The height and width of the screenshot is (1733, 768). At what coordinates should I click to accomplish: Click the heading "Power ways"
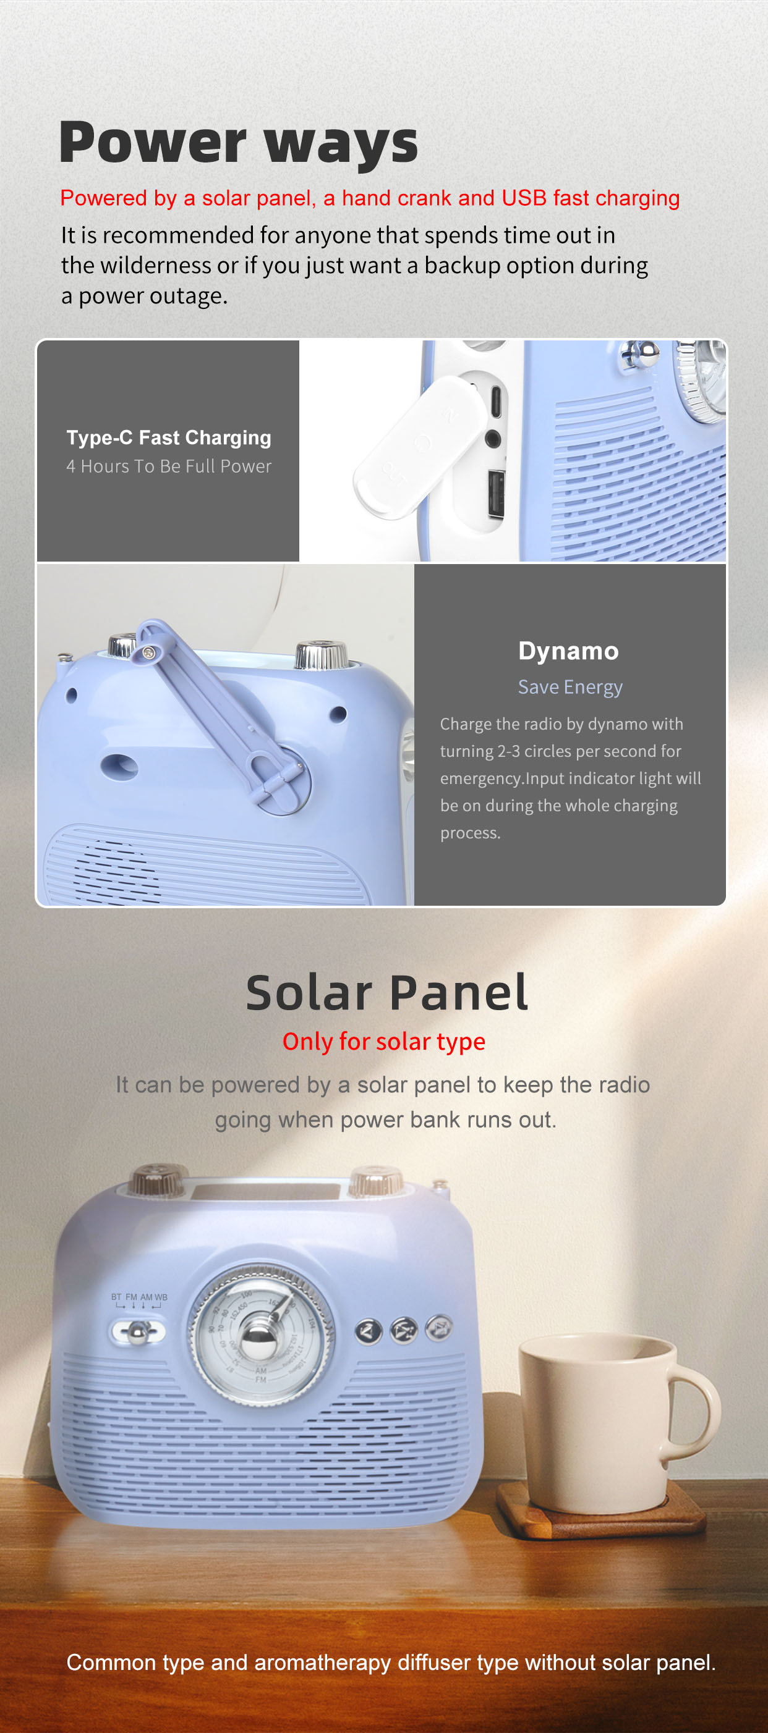pyautogui.click(x=238, y=143)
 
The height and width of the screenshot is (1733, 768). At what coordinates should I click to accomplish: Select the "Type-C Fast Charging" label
pyautogui.click(x=169, y=438)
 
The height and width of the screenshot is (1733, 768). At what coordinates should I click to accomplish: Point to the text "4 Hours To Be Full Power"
pyautogui.click(x=169, y=466)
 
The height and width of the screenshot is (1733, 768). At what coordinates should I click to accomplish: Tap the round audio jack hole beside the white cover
pyautogui.click(x=493, y=439)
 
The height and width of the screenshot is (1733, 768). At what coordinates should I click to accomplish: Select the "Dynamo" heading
pyautogui.click(x=569, y=651)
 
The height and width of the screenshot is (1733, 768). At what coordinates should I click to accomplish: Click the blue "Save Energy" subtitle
pyautogui.click(x=570, y=687)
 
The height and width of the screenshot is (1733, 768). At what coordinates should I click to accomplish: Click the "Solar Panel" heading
pyautogui.click(x=386, y=993)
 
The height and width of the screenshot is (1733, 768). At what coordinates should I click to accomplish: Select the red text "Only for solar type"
pyautogui.click(x=383, y=1042)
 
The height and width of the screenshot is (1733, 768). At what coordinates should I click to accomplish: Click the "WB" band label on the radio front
pyautogui.click(x=161, y=1297)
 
